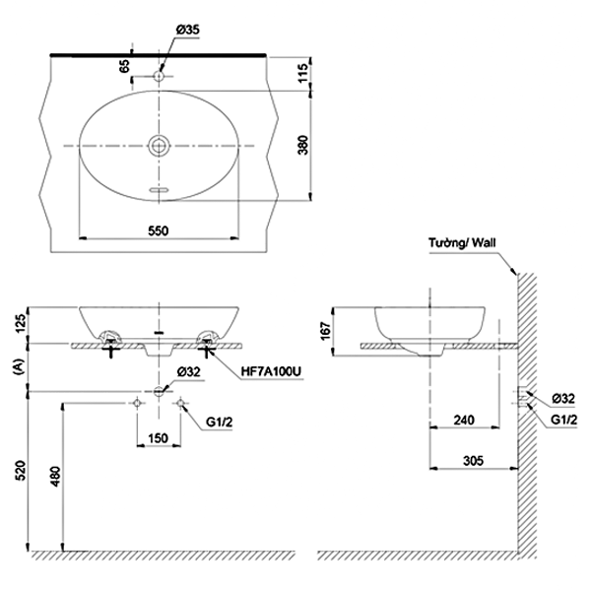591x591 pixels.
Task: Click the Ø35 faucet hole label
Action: point(187,30)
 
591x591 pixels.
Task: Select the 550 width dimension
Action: point(159,230)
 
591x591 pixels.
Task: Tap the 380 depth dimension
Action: point(303,145)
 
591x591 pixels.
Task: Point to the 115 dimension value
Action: point(303,73)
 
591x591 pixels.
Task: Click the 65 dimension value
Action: point(124,66)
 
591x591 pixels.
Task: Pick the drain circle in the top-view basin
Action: point(159,146)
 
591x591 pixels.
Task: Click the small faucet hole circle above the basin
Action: point(159,76)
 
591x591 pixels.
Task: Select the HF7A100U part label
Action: point(272,372)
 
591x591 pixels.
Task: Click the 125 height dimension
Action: point(20,323)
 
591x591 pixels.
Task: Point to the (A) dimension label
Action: point(19,366)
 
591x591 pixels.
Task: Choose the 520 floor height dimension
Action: point(21,470)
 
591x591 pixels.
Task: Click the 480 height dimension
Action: point(55,477)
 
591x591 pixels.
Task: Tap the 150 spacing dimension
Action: point(158,438)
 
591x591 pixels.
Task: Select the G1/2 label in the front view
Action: point(219,423)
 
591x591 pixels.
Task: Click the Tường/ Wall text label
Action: point(462,242)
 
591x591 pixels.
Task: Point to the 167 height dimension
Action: point(325,331)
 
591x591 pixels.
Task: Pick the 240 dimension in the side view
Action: point(464,420)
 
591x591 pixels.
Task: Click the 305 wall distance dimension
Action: point(473,460)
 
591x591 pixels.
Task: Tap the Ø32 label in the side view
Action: point(563,398)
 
